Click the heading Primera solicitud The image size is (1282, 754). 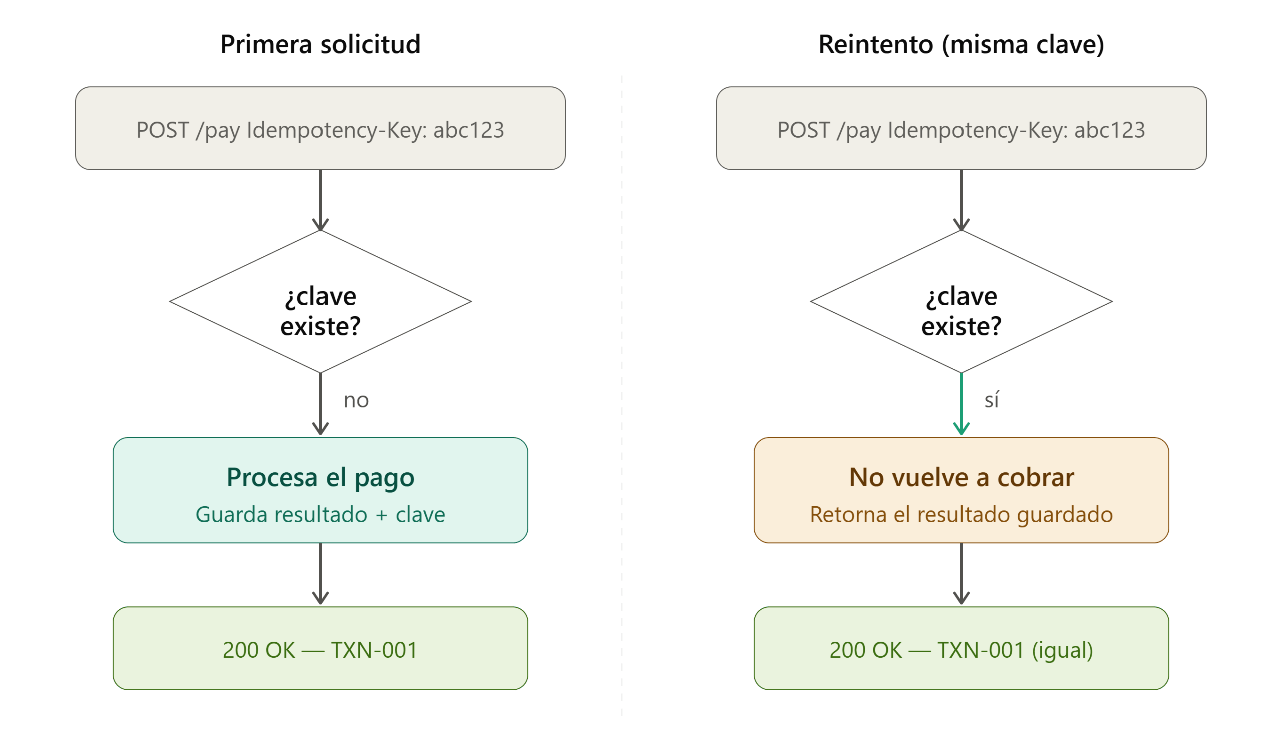coord(320,44)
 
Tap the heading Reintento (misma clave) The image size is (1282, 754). coord(961,44)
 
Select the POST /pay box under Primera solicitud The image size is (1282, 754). coord(320,128)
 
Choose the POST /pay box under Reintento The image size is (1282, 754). coord(961,128)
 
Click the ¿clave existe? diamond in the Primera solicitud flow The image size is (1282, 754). coord(320,302)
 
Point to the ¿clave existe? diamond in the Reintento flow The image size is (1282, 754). coord(961,302)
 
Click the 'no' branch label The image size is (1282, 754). coord(356,401)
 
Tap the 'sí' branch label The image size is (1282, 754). coord(991,400)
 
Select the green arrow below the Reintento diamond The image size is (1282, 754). coord(961,404)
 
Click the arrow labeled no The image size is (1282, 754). coord(320,404)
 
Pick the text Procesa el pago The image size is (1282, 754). coord(320,478)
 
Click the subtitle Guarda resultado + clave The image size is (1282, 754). coord(320,514)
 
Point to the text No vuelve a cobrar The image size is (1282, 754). coord(961,477)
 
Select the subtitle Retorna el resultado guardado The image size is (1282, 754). coord(961,514)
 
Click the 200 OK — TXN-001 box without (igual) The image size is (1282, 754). coord(320,648)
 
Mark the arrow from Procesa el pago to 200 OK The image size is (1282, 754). coord(320,574)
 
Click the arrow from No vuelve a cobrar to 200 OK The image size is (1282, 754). coord(961,574)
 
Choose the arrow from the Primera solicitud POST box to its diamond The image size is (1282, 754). coord(320,200)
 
